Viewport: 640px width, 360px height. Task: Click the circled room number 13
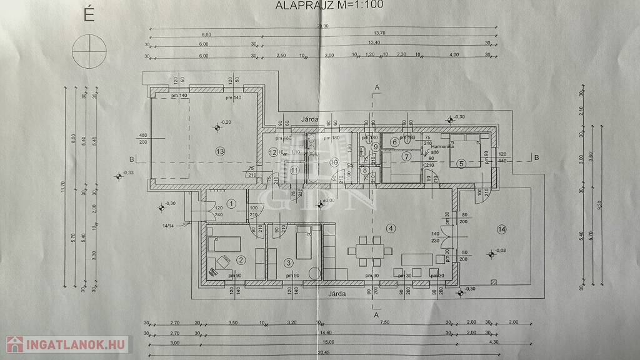(x=219, y=151)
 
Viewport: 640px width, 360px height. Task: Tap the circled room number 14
(x=501, y=229)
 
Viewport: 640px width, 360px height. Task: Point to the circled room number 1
(x=231, y=202)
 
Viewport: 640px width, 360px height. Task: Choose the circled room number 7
(x=406, y=156)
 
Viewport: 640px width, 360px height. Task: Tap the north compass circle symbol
(x=87, y=51)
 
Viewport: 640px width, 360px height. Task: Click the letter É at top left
(x=89, y=16)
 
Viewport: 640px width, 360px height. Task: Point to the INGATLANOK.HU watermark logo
(x=67, y=344)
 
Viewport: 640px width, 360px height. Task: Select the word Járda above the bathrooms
(x=310, y=119)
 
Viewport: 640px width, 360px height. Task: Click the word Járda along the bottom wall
(x=337, y=292)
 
